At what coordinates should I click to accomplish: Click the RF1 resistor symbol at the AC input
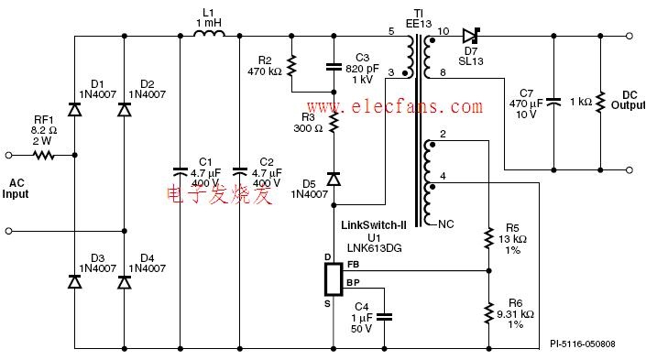tap(44, 156)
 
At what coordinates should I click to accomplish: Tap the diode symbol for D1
tap(74, 110)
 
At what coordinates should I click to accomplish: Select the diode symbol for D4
tap(125, 282)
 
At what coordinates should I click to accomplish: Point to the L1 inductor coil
tap(209, 33)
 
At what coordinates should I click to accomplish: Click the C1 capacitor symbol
tap(180, 171)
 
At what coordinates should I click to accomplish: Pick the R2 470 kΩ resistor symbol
tap(291, 66)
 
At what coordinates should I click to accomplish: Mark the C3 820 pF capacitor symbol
tap(334, 66)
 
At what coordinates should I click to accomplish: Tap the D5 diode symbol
tap(334, 180)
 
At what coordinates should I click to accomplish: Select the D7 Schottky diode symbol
tap(471, 36)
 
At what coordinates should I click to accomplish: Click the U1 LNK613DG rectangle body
tap(334, 279)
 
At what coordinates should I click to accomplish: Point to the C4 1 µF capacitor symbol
tap(385, 317)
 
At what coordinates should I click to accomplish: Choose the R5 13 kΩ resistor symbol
tap(488, 237)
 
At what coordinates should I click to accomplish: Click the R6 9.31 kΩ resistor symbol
tap(488, 313)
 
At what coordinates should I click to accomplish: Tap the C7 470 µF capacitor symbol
tap(553, 102)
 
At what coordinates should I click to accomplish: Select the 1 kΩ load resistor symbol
tap(601, 102)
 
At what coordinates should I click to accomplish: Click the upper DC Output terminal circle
tap(630, 36)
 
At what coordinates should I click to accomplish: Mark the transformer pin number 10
tap(443, 31)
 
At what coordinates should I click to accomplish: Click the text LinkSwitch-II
tap(374, 225)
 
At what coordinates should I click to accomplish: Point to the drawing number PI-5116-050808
tap(583, 344)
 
